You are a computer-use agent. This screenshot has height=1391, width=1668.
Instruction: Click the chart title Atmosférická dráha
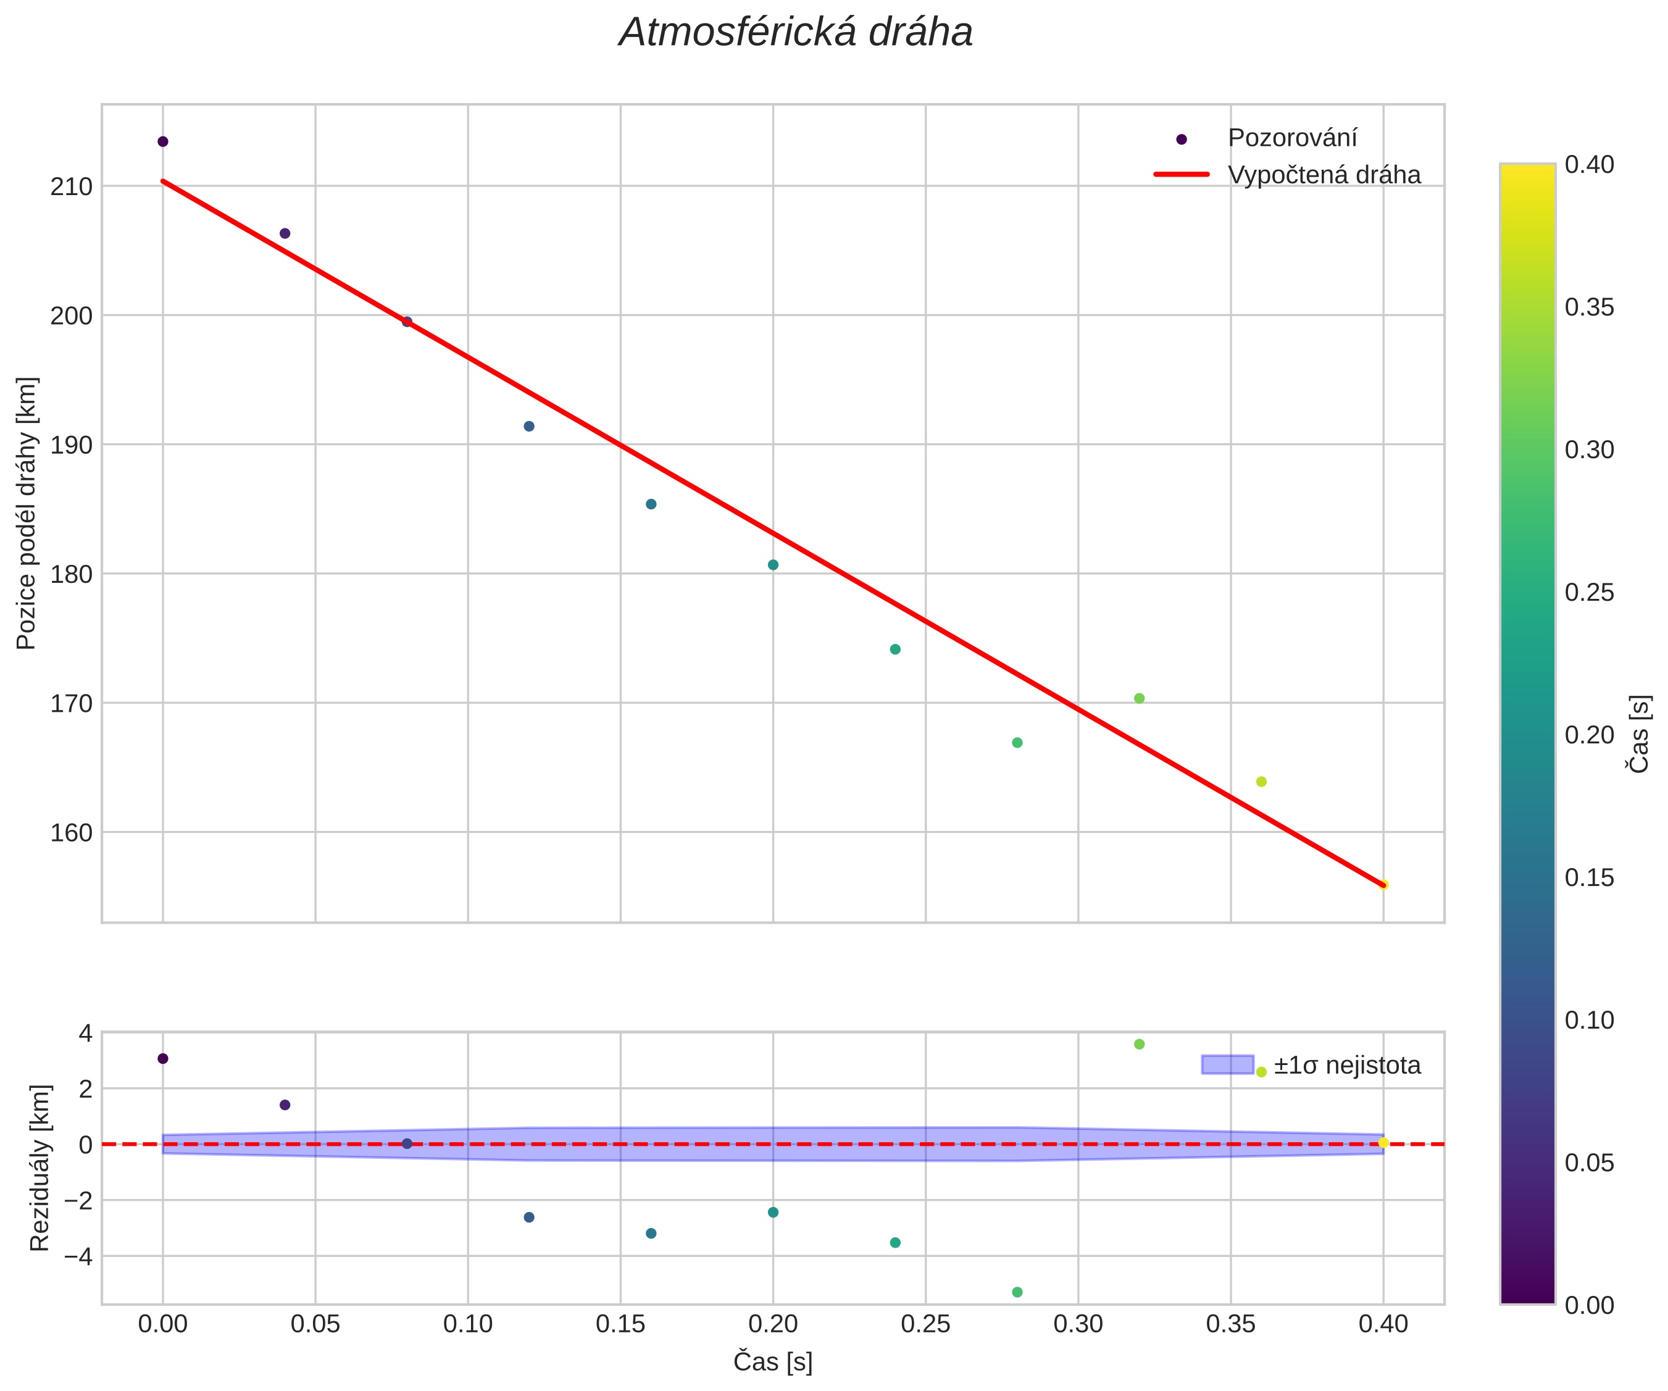tap(796, 33)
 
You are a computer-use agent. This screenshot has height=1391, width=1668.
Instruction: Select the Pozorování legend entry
tap(1291, 138)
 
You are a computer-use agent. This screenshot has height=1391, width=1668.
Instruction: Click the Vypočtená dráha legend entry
tap(1324, 175)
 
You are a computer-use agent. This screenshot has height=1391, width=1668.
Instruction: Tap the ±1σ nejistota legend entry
tap(1346, 1065)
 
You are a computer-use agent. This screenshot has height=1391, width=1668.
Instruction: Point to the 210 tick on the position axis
tap(72, 186)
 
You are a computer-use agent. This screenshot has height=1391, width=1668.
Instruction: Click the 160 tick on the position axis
tap(72, 832)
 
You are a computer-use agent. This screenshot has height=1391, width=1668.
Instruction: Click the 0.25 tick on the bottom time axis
tap(925, 1324)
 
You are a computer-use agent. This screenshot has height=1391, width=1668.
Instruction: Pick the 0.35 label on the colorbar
tap(1588, 307)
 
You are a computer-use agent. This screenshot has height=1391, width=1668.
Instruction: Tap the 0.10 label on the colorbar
tap(1588, 1020)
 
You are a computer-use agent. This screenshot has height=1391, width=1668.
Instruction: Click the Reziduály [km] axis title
tap(40, 1167)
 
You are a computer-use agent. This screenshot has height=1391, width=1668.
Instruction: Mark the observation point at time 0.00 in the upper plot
tap(163, 142)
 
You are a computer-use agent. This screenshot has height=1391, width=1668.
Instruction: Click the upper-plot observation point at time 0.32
tap(1139, 698)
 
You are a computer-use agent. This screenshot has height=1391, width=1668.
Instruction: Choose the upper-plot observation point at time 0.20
tap(773, 565)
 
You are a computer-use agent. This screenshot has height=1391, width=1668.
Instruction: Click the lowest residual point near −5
tap(1017, 1292)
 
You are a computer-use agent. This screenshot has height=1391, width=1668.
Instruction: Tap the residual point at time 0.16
tap(651, 1234)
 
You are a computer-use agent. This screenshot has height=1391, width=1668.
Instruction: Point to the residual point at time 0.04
tap(285, 1105)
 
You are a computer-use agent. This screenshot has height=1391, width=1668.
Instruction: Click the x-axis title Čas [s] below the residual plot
tap(772, 1361)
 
